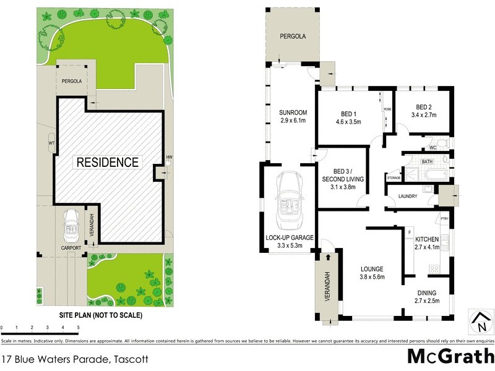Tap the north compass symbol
point(481,321)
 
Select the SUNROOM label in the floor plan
point(293,113)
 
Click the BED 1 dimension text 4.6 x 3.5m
point(348,121)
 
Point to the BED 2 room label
point(423,106)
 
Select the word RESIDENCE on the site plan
point(107,163)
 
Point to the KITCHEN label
point(427,239)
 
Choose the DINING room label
point(426,292)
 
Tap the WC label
point(433,148)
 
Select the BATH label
point(427,162)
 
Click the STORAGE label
point(394,178)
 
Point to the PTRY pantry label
point(444,218)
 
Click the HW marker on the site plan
point(167,157)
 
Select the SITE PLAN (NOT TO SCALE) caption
point(100,315)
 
